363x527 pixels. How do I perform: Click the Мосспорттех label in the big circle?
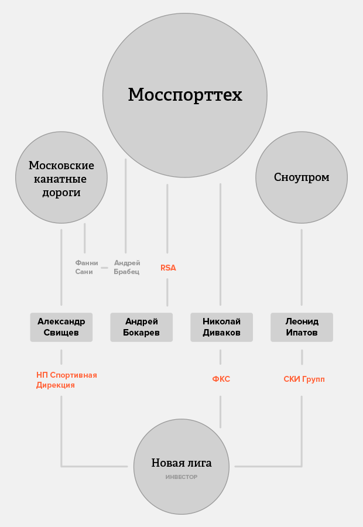click(x=185, y=95)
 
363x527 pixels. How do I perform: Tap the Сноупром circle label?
click(x=302, y=177)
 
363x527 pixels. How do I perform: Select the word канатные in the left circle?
click(x=60, y=179)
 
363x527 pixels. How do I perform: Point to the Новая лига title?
click(x=181, y=463)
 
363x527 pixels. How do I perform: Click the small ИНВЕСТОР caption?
click(x=181, y=477)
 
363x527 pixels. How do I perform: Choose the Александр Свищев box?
click(x=61, y=327)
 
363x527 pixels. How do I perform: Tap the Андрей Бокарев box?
click(x=142, y=327)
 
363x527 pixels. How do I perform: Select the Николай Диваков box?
click(x=221, y=327)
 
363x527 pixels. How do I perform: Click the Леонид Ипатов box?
click(x=302, y=327)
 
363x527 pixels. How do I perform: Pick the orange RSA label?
click(x=168, y=268)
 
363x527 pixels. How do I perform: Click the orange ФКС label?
click(x=221, y=379)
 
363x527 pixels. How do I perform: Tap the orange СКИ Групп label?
click(x=304, y=379)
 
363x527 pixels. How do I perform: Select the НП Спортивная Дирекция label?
click(x=67, y=380)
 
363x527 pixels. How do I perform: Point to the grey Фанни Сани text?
click(x=87, y=267)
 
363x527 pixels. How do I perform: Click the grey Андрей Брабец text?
click(x=126, y=267)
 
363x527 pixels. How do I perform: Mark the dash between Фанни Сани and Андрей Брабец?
click(x=105, y=268)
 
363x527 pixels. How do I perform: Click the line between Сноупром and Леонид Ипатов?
click(x=302, y=268)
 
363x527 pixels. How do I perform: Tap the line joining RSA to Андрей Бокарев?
click(x=167, y=292)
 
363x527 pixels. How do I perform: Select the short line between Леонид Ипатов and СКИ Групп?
click(x=302, y=357)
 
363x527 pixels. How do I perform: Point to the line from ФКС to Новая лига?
click(x=221, y=412)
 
